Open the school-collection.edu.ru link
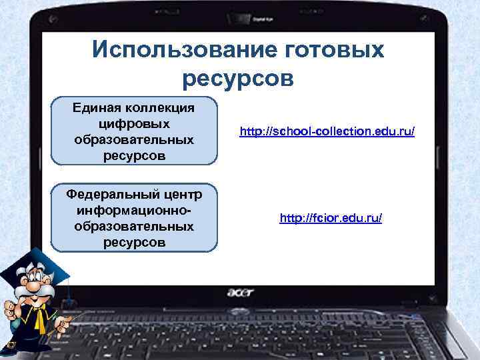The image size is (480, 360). click(327, 133)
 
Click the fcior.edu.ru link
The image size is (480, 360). click(331, 218)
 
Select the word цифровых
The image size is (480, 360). click(134, 124)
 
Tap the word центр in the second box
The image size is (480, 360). click(187, 194)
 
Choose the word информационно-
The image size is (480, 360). click(134, 210)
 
